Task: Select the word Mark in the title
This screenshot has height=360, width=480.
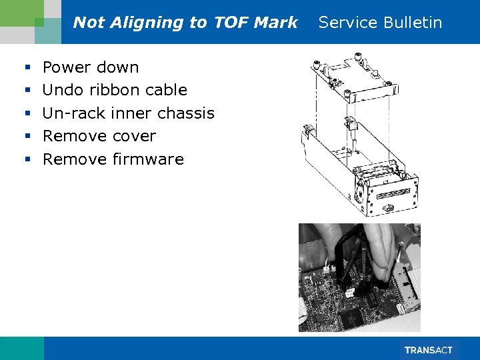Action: [275, 23]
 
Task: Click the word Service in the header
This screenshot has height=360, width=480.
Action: [346, 23]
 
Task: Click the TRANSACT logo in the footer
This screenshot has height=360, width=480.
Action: [429, 350]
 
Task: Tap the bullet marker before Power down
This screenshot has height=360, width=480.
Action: [27, 68]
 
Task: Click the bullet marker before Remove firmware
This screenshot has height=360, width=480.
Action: [27, 160]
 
